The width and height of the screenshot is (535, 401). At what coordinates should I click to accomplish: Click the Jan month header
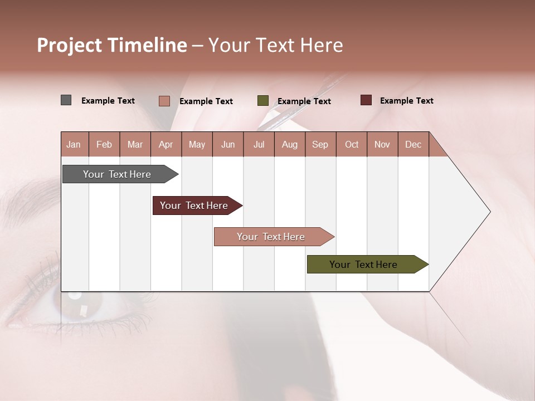pyautogui.click(x=74, y=144)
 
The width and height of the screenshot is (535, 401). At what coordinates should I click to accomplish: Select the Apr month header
pyautogui.click(x=166, y=144)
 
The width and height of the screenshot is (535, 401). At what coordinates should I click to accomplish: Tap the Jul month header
pyautogui.click(x=259, y=144)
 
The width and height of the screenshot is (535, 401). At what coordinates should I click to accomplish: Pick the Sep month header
pyautogui.click(x=320, y=144)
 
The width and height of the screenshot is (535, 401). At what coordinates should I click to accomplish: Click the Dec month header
pyautogui.click(x=413, y=144)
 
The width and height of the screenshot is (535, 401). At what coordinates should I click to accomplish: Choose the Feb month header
pyautogui.click(x=104, y=144)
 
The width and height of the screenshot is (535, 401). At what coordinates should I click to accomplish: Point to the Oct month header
pyautogui.click(x=352, y=144)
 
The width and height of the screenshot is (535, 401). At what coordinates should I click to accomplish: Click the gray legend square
pyautogui.click(x=66, y=100)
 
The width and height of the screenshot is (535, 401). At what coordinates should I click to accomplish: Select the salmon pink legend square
pyautogui.click(x=164, y=101)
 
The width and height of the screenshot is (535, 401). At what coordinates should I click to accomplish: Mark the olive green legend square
pyautogui.click(x=263, y=101)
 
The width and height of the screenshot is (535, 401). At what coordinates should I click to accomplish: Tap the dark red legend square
pyautogui.click(x=366, y=100)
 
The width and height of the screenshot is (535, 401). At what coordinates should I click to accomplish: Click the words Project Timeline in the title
pyautogui.click(x=112, y=45)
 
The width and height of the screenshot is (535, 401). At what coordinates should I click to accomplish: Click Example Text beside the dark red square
pyautogui.click(x=406, y=101)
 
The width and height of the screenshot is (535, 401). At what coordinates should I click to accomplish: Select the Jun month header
pyautogui.click(x=228, y=144)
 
